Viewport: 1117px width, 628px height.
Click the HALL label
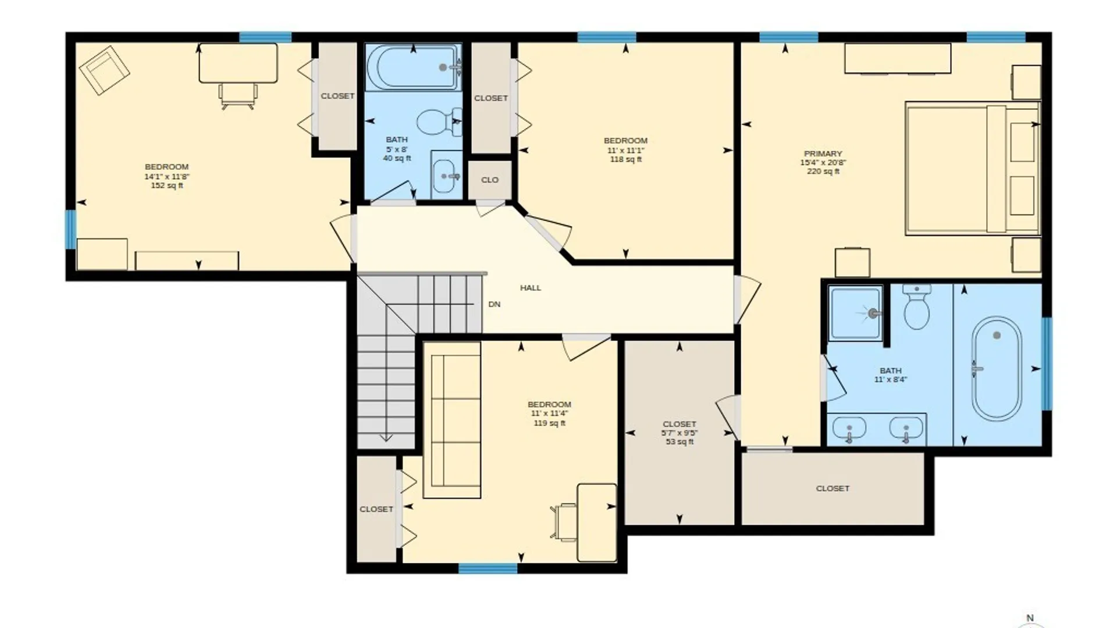coord(531,288)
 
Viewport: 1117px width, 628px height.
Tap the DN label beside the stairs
coord(494,304)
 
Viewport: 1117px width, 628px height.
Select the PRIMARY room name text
coord(823,154)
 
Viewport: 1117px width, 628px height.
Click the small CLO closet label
coord(490,180)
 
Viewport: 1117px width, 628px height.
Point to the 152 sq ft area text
coord(167,185)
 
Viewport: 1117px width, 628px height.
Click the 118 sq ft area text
coord(625,159)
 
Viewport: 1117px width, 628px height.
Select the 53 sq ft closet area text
coord(680,442)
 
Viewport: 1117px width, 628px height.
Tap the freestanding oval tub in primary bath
coord(997,369)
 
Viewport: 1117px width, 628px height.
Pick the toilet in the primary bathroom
coord(917,307)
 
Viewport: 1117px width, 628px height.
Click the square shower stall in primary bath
coord(855,313)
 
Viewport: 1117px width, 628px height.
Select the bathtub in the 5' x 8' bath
coord(414,67)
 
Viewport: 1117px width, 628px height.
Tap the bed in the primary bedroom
coord(972,169)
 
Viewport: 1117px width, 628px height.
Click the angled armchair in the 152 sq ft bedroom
coord(104,70)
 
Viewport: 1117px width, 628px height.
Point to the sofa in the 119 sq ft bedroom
coord(452,420)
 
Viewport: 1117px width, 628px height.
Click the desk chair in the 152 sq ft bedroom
coord(238,96)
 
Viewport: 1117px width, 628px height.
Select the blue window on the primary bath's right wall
coord(1047,363)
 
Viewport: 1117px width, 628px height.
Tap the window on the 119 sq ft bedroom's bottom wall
coord(488,568)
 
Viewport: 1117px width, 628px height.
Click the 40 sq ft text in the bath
coord(397,158)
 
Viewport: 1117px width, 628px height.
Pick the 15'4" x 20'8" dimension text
coord(823,163)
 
